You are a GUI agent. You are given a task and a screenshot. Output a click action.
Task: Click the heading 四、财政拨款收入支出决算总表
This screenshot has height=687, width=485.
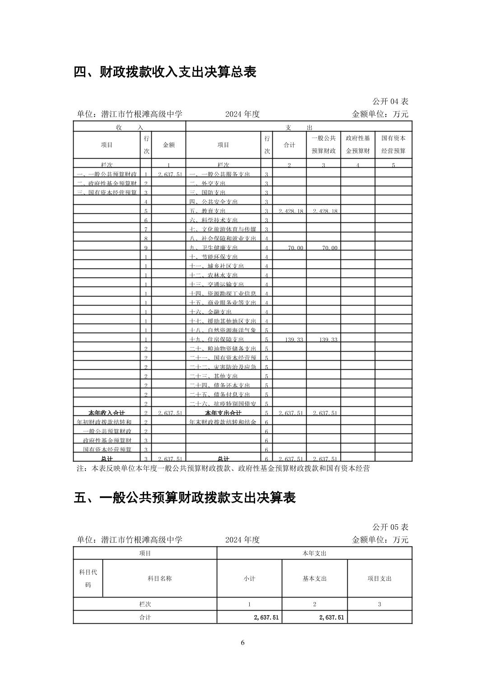(165, 72)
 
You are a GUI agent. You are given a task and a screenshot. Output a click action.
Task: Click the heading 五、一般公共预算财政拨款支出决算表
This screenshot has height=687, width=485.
(184, 498)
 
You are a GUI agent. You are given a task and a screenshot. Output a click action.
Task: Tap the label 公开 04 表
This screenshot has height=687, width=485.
(390, 101)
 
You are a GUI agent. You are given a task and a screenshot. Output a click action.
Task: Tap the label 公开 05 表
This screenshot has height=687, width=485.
(390, 527)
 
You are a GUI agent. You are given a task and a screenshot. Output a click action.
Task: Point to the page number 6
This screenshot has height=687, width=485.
(242, 643)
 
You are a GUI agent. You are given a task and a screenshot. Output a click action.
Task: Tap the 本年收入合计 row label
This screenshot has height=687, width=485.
(107, 413)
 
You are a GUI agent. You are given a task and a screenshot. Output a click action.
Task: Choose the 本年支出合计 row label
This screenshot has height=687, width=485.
(223, 413)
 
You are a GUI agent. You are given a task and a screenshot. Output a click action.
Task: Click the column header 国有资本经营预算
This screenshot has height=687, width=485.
(393, 145)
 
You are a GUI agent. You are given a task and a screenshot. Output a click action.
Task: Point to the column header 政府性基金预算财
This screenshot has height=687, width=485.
(358, 145)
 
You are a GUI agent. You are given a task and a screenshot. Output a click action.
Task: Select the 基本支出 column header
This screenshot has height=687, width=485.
(314, 579)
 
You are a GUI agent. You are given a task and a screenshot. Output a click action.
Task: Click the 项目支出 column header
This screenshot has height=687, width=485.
(379, 579)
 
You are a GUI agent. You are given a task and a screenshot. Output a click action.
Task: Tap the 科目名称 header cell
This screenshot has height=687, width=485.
(159, 579)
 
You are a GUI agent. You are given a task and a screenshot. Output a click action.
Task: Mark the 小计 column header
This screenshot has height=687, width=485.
(249, 579)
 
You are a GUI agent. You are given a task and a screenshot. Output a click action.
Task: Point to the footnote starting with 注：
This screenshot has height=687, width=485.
(224, 469)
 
